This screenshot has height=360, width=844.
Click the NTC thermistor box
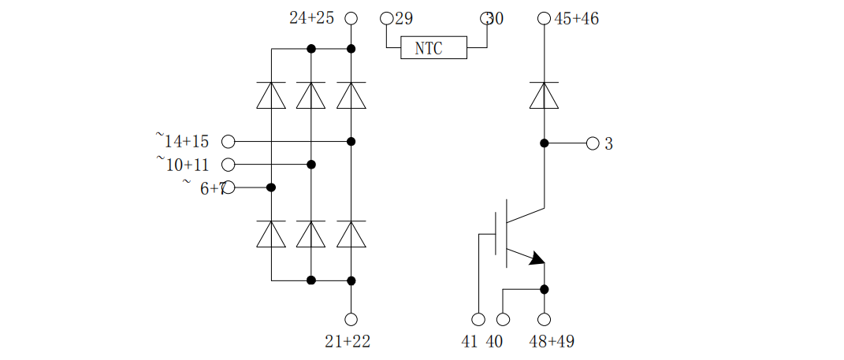pyautogui.click(x=433, y=48)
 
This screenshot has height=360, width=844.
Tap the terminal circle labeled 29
pyautogui.click(x=386, y=18)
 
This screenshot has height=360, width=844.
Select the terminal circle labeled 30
pyautogui.click(x=486, y=18)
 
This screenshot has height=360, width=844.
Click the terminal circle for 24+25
pyautogui.click(x=351, y=18)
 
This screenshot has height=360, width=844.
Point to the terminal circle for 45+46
pyautogui.click(x=544, y=18)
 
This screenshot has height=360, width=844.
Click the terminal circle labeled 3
pyautogui.click(x=593, y=143)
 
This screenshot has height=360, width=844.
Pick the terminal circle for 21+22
pyautogui.click(x=351, y=319)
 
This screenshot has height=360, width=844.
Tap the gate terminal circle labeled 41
pyautogui.click(x=478, y=319)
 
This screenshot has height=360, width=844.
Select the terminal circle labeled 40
pyautogui.click(x=503, y=319)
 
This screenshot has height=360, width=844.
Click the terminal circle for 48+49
pyautogui.click(x=544, y=319)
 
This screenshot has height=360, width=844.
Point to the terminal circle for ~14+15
pyautogui.click(x=229, y=142)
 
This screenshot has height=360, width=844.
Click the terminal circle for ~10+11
pyautogui.click(x=229, y=165)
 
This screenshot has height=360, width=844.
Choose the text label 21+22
pyautogui.click(x=348, y=342)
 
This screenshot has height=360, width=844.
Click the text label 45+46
pyautogui.click(x=577, y=18)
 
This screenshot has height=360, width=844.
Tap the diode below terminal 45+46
pyautogui.click(x=544, y=95)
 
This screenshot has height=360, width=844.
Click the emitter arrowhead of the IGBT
pyautogui.click(x=537, y=258)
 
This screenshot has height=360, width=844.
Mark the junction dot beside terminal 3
pyautogui.click(x=544, y=143)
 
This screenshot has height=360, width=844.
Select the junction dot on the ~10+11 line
pyautogui.click(x=311, y=165)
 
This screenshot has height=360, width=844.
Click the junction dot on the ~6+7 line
pyautogui.click(x=271, y=187)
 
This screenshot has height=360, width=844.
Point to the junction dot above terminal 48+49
pyautogui.click(x=544, y=289)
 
